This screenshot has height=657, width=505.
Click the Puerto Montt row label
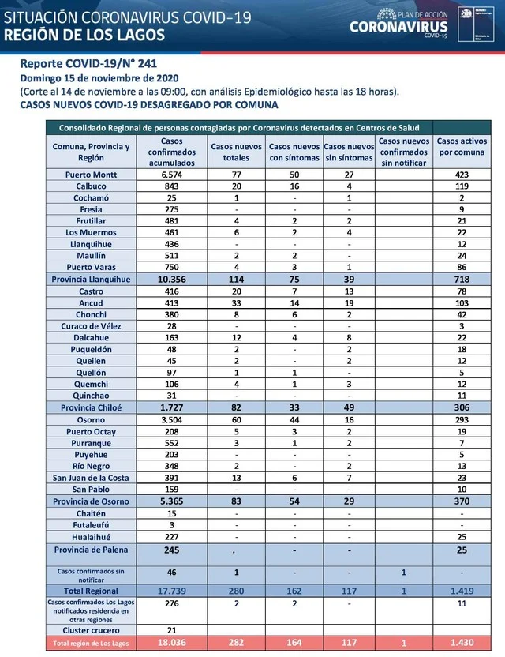pyautogui.click(x=91, y=175)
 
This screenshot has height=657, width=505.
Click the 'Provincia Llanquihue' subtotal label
pyautogui.click(x=91, y=280)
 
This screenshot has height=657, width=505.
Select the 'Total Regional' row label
pyautogui.click(x=91, y=591)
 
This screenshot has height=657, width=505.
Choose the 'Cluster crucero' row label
pyautogui.click(x=91, y=629)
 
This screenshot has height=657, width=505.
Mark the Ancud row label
pyautogui.click(x=91, y=302)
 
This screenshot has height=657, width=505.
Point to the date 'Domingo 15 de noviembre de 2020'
pyautogui.click(x=99, y=78)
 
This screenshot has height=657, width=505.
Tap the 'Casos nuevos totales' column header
pyautogui.click(x=237, y=146)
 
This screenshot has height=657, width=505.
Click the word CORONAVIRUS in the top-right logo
pyautogui.click(x=399, y=27)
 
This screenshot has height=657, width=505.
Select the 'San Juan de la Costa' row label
pyautogui.click(x=91, y=478)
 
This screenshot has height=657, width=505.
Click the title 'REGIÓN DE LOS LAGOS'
pyautogui.click(x=85, y=35)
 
